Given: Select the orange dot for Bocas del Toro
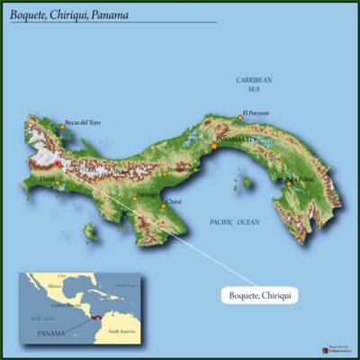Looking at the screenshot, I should tap(62, 126).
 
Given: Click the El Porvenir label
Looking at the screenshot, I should tap(256, 113).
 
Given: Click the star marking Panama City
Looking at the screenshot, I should tap(213, 146).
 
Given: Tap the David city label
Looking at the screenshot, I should tap(47, 179).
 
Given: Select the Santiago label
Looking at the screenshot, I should tap(148, 194).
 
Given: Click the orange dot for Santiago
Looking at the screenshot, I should tap(135, 198).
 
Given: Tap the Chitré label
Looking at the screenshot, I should tap(175, 202).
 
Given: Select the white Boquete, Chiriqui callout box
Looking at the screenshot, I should tap(259, 294).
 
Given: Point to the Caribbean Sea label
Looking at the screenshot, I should tap(254, 85).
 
